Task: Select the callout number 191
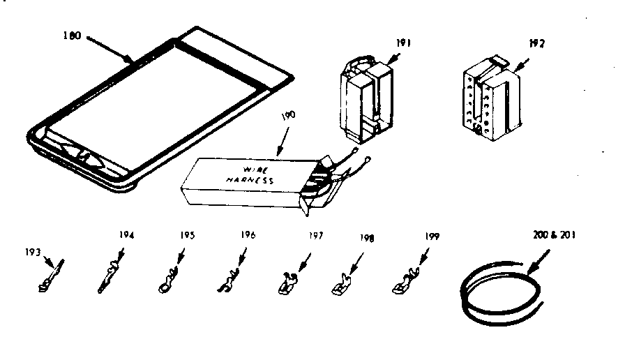tap(403, 43)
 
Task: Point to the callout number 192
tap(536, 43)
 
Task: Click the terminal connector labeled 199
tap(404, 283)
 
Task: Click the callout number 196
tap(248, 235)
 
